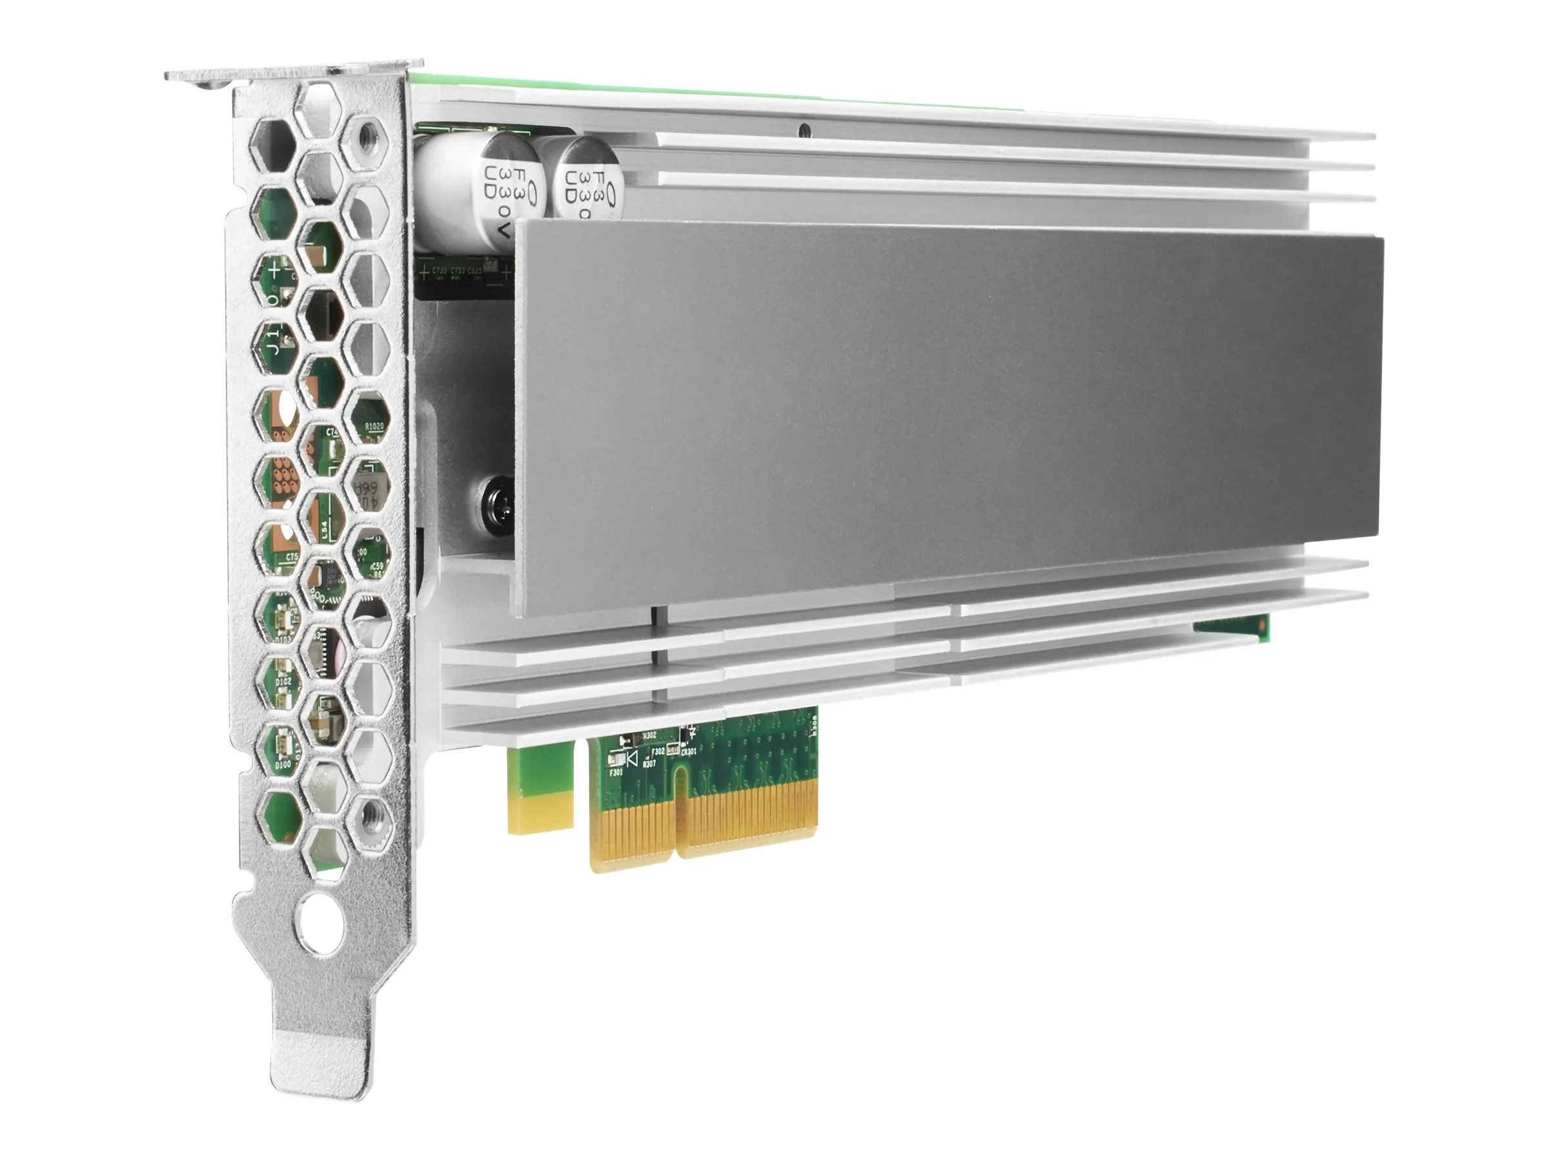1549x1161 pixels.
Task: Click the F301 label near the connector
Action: pyautogui.click(x=616, y=773)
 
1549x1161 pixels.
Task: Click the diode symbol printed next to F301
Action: pyautogui.click(x=631, y=759)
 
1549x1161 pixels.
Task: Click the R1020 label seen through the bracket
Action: pyautogui.click(x=374, y=426)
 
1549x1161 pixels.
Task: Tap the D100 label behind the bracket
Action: pyautogui.click(x=283, y=765)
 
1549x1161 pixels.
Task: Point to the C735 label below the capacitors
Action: pyautogui.click(x=439, y=270)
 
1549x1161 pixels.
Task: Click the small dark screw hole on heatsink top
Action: pyautogui.click(x=806, y=130)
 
